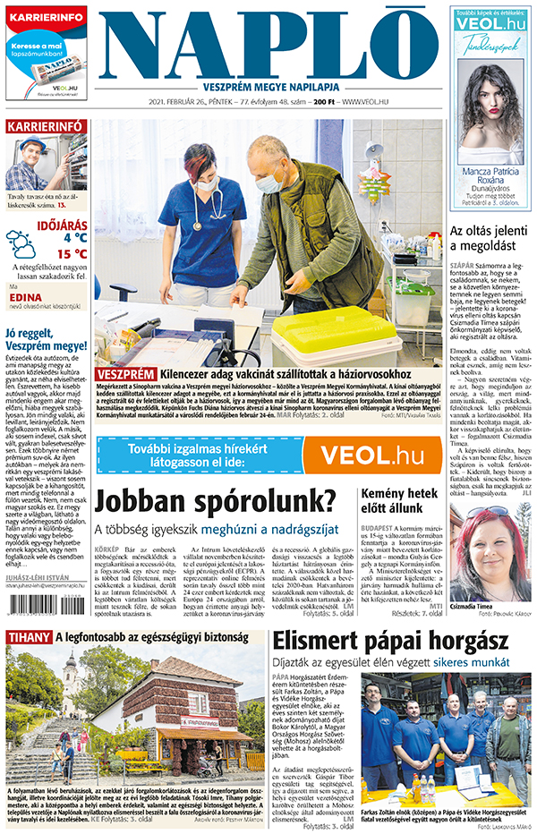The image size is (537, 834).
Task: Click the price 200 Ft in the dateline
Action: [x=323, y=103]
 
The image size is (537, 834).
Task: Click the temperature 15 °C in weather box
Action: [x=72, y=254]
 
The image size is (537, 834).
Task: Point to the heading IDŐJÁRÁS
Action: [x=62, y=222]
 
